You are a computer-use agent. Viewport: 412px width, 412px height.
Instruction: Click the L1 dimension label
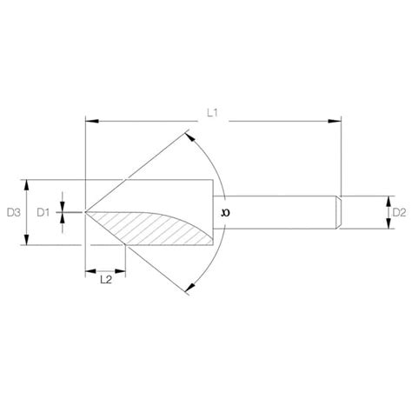pyautogui.click(x=213, y=112)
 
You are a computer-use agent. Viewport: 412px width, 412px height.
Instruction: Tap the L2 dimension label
pyautogui.click(x=106, y=280)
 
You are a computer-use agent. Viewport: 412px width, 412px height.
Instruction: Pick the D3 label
pyautogui.click(x=12, y=211)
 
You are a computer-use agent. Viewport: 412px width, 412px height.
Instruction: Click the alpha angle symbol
pyautogui.click(x=227, y=211)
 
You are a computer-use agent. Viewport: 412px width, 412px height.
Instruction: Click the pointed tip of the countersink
pyautogui.click(x=85, y=211)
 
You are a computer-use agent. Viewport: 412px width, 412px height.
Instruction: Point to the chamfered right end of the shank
pyautogui.click(x=338, y=211)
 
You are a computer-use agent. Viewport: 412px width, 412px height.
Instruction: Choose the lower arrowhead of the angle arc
pyautogui.click(x=189, y=288)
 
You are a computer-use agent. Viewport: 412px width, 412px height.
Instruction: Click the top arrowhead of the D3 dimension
pyautogui.click(x=29, y=183)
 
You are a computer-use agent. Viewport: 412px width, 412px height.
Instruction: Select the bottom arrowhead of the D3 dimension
pyautogui.click(x=29, y=241)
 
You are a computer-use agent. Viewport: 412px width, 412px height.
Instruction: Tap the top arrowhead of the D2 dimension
pyautogui.click(x=385, y=198)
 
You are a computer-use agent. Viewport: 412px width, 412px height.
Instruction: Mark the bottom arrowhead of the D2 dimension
pyautogui.click(x=385, y=226)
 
